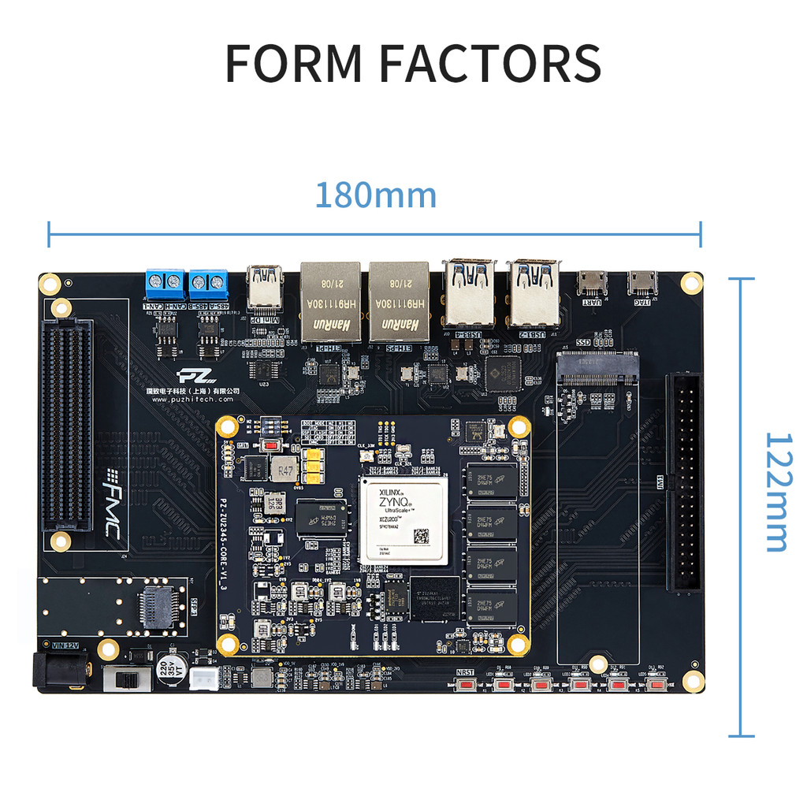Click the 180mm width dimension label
[x=375, y=195]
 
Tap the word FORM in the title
[x=293, y=63]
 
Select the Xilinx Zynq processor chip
[x=403, y=518]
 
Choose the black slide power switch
[x=128, y=679]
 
